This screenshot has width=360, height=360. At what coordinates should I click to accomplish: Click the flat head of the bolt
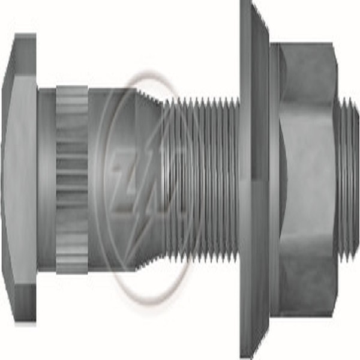pos(21,180)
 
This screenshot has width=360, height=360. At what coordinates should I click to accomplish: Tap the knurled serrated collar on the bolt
pos(72,180)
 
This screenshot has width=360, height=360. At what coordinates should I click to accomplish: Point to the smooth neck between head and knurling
pos(47,180)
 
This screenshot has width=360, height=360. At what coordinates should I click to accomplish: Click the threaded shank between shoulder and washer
pos(204,180)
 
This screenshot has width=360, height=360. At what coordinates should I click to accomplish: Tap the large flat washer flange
pos(254,180)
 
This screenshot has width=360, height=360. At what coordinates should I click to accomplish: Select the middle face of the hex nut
pos(306,180)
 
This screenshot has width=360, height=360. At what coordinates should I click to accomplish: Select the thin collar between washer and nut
pos(274,180)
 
